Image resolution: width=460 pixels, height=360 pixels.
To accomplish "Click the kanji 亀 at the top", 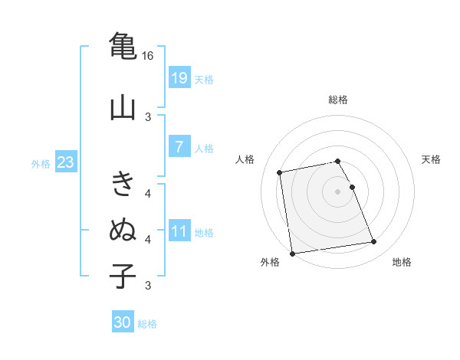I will coord(123,45).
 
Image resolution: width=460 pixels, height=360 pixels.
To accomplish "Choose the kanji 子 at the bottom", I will coord(123,274).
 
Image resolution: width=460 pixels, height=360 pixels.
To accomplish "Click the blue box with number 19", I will coord(179,78).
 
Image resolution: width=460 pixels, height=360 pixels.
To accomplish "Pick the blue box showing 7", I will coord(179,147).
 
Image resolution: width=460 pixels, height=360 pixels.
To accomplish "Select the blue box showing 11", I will coord(179,231).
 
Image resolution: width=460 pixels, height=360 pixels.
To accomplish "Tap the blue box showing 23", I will coord(65,162).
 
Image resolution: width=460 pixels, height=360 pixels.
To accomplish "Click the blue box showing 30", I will coord(123,322).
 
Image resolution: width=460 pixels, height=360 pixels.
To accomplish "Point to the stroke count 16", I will coord(148,56).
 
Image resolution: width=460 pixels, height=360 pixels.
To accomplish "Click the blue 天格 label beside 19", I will coord(204,79).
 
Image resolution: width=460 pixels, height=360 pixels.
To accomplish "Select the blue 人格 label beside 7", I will coord(204,148).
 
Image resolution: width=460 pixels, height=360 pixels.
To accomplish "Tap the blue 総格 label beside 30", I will coord(147,324).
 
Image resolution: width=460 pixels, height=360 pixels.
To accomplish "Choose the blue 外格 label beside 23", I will coord(41,163).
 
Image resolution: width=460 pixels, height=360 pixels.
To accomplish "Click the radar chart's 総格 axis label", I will coord(338,100).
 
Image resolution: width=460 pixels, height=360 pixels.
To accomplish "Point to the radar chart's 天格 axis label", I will coord(432,159).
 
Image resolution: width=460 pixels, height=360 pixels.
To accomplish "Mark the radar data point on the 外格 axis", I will coord(292,253).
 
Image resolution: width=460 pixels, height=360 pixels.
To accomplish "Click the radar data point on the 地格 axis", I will coord(374,242).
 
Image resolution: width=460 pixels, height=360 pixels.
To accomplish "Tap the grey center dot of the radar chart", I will coord(338,191).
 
